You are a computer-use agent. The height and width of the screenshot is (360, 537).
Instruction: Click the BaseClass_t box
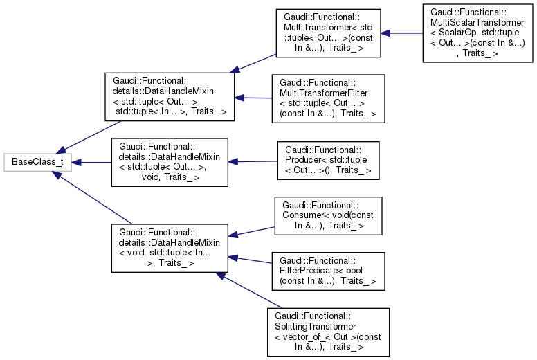click(x=34, y=163)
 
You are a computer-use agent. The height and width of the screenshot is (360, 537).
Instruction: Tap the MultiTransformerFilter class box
click(x=327, y=99)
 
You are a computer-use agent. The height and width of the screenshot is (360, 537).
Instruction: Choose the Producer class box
click(x=328, y=162)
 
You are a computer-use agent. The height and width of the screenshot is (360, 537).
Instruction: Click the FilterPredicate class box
click(x=328, y=270)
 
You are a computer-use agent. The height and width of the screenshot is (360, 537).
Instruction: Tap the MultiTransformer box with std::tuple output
click(x=327, y=33)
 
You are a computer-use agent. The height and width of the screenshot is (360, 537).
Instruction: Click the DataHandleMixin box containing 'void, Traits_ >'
click(x=170, y=163)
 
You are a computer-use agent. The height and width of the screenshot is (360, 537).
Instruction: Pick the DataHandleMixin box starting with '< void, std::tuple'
click(x=170, y=246)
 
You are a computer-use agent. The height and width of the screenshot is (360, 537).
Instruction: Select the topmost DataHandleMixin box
click(x=169, y=97)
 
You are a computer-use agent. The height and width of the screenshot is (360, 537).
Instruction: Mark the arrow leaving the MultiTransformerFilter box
click(x=253, y=98)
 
